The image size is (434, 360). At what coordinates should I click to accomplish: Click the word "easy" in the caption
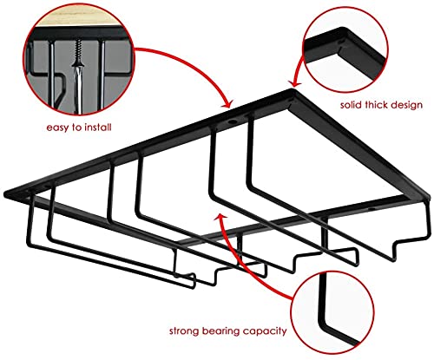[57, 128]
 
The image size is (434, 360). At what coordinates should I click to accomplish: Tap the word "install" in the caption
[98, 127]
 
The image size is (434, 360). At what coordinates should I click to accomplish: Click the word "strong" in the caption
[184, 331]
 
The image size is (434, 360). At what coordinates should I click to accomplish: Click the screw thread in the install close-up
[78, 49]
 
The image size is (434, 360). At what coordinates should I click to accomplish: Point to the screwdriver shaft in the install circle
[78, 89]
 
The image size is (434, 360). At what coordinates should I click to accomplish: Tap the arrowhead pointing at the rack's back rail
[228, 103]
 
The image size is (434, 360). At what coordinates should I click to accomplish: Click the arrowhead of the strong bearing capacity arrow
[220, 218]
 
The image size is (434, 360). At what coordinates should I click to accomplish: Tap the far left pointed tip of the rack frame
[5, 193]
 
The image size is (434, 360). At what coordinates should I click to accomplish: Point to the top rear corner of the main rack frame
[292, 90]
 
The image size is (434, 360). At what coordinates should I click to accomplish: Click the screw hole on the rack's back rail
[232, 121]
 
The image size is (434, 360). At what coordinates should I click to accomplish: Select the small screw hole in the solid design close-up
[341, 43]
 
